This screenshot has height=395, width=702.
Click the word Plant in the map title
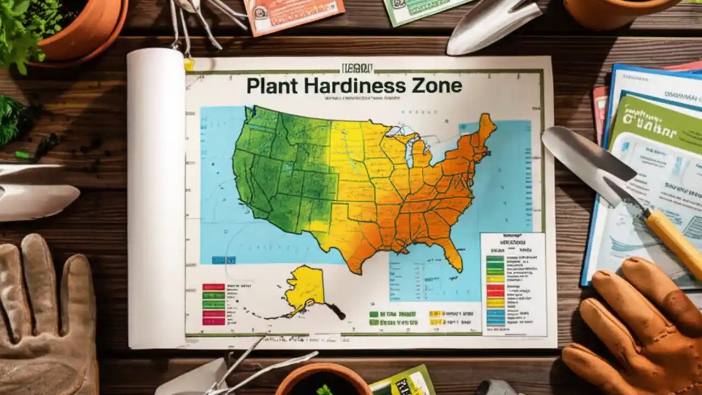(x=270, y=86)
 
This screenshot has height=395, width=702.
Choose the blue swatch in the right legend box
(x=495, y=317)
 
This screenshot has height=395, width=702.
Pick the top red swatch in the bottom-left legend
(x=213, y=287)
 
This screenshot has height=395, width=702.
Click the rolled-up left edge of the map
(x=156, y=198)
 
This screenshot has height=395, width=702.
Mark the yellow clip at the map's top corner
(x=189, y=64)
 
